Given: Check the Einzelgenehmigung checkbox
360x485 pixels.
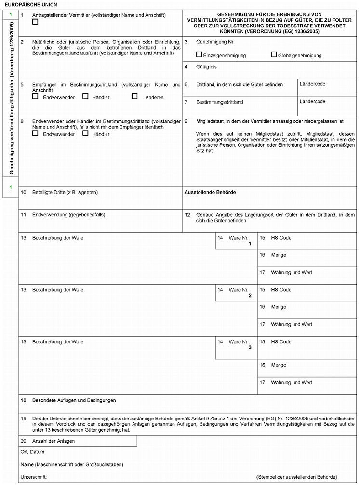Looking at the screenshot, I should click(x=199, y=55).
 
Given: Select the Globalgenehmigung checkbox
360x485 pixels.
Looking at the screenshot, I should click(x=274, y=55).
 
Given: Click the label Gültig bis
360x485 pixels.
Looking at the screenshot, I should click(x=206, y=67).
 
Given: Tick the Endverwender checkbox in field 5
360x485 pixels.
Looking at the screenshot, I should click(x=35, y=97).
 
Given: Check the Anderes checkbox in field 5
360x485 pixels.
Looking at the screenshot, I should click(x=134, y=97).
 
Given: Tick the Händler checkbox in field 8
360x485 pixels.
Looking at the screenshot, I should click(x=85, y=133).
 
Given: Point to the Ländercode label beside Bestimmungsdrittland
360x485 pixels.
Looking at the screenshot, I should click(x=312, y=101).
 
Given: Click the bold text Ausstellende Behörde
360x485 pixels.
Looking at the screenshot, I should click(x=210, y=192).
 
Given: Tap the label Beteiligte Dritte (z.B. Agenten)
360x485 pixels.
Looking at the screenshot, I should click(x=65, y=192).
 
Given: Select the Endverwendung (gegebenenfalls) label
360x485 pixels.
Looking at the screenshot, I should click(x=68, y=214).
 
